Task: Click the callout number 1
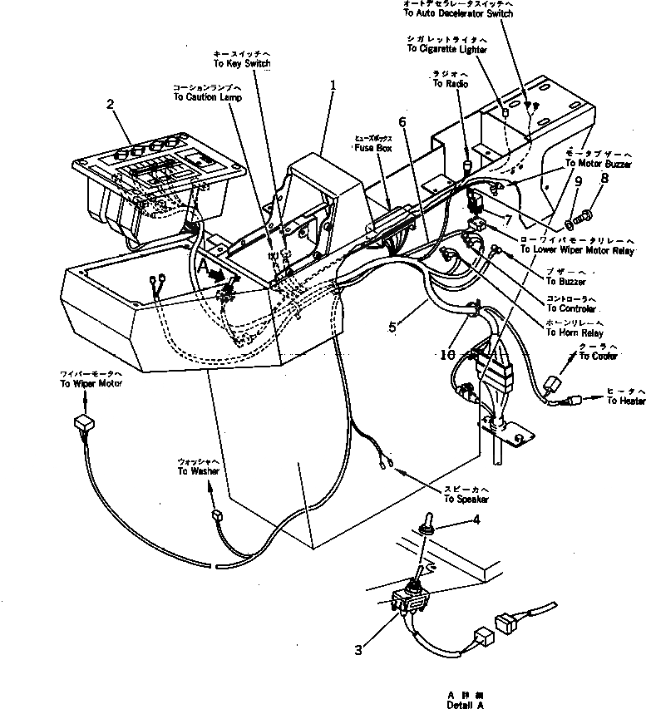coord(333,85)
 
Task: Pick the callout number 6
coord(402,121)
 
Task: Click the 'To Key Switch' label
coord(242,63)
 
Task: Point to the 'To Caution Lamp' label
coord(208,96)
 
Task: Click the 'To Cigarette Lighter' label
coord(447,49)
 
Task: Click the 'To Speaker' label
coord(466,499)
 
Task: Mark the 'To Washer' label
coord(198,471)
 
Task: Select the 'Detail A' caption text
coord(463,703)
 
